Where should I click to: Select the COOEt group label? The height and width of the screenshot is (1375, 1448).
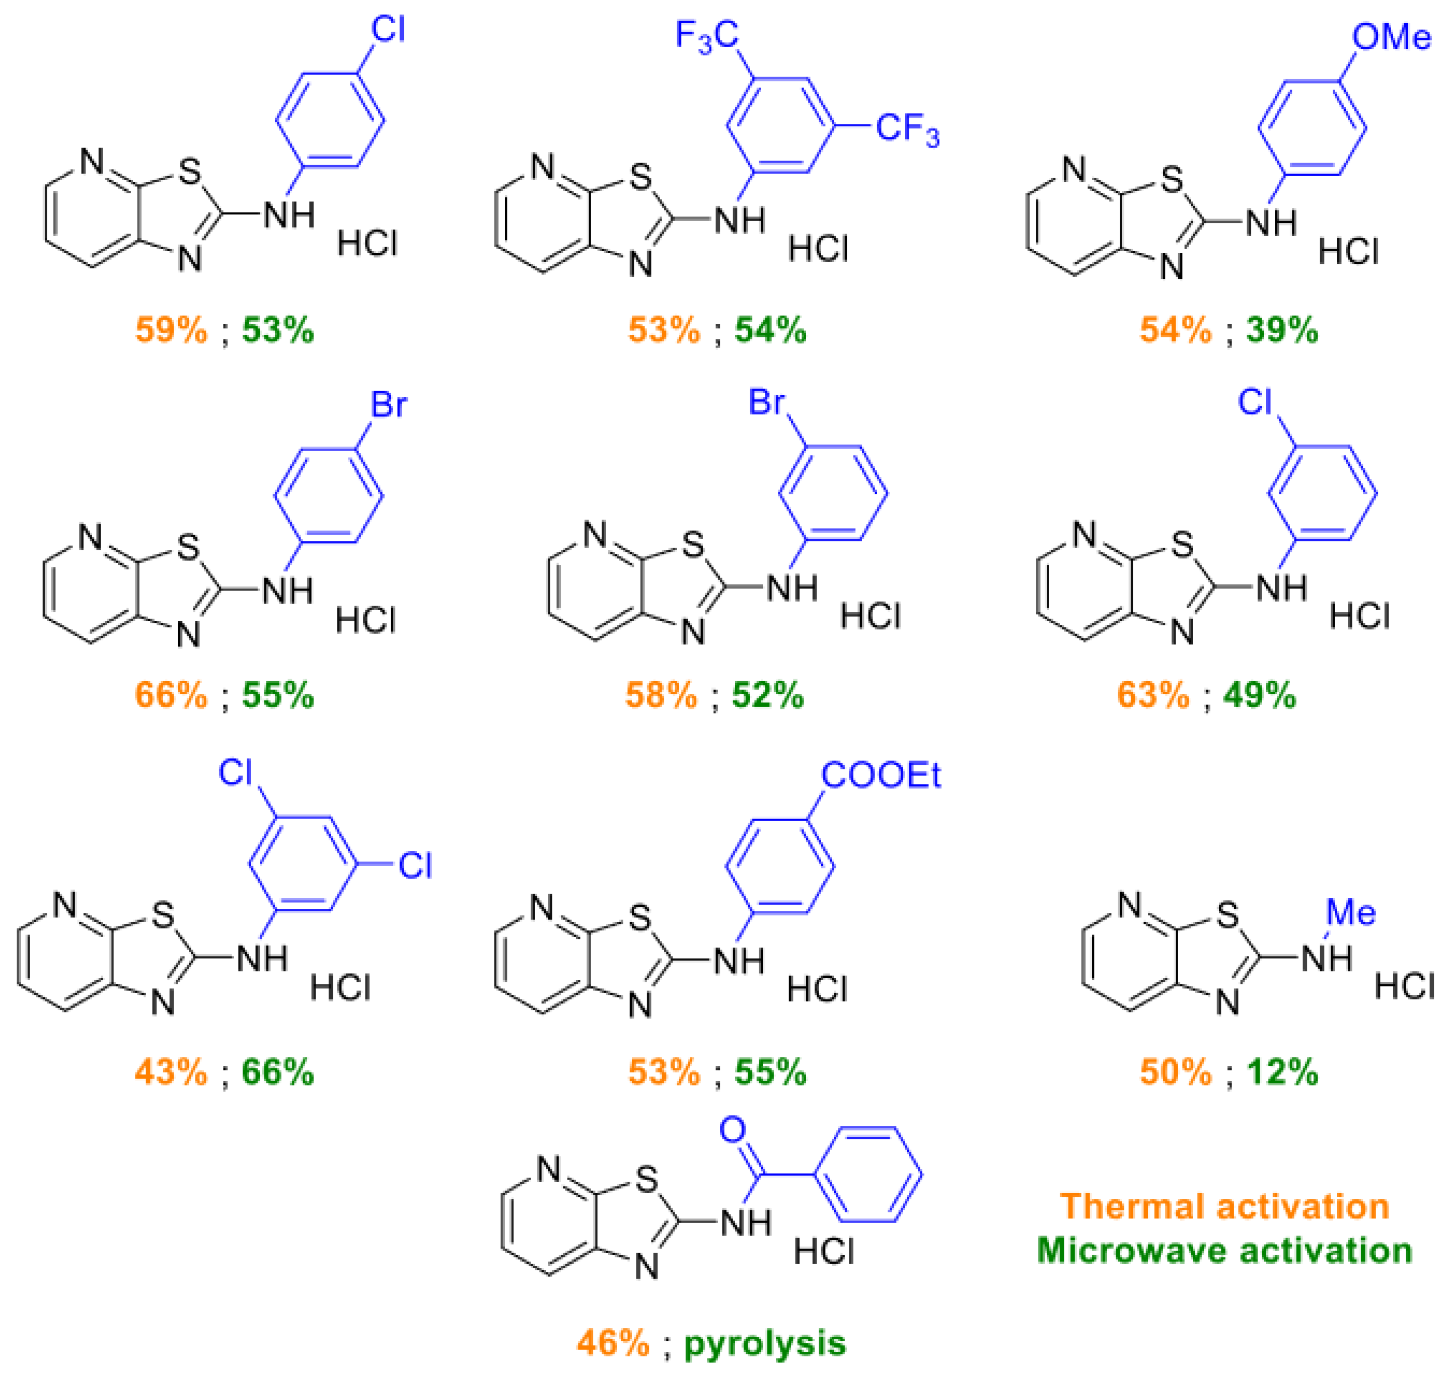pyautogui.click(x=880, y=775)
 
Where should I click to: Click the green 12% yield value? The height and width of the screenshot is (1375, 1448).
pyautogui.click(x=1282, y=1072)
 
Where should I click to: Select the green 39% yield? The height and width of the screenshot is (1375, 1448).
pyautogui.click(x=1282, y=331)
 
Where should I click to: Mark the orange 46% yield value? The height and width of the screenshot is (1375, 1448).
pyautogui.click(x=613, y=1343)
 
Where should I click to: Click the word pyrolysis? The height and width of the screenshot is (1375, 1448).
pyautogui.click(x=765, y=1343)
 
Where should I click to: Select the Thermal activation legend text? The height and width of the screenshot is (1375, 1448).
pyautogui.click(x=1224, y=1206)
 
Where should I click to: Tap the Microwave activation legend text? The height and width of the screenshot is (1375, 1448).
pyautogui.click(x=1224, y=1251)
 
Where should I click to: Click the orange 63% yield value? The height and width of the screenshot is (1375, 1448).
pyautogui.click(x=1152, y=695)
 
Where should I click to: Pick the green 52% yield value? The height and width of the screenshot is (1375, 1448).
pyautogui.click(x=768, y=695)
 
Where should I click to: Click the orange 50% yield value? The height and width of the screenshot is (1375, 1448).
pyautogui.click(x=1176, y=1072)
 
